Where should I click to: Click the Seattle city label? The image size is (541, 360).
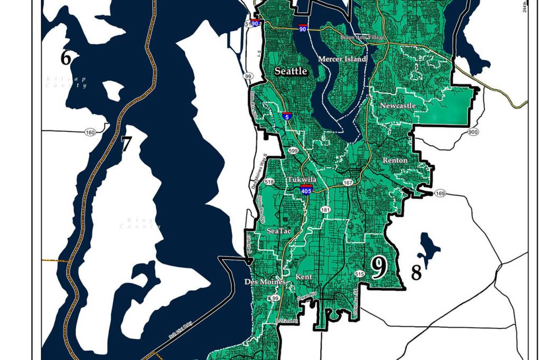pos(291,71)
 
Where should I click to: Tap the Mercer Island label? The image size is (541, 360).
pos(342,59)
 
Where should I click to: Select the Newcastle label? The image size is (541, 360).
pos(398,106)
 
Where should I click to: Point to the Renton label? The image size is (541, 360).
pos(395,160)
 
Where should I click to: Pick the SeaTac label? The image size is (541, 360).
pos(279,231)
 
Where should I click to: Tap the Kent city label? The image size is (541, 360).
pos(304,277)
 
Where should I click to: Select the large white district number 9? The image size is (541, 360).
pos(378,268)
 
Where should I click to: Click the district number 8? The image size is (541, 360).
pos(416,273)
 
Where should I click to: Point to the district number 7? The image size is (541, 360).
pos(125,144)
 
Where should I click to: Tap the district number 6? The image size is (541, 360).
pos(66,58)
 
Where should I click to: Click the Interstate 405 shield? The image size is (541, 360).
pos(305,190)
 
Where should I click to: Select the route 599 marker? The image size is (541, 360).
pos(293,151)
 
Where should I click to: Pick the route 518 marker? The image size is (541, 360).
pos(269,182)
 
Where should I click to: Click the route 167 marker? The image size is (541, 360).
pos(347,183)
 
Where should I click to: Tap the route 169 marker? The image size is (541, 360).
pos(440,194)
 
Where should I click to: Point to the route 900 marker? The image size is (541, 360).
pos(472,131)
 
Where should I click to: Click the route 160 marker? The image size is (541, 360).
pos(89,132)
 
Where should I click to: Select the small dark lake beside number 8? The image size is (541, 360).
pos(429,247)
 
